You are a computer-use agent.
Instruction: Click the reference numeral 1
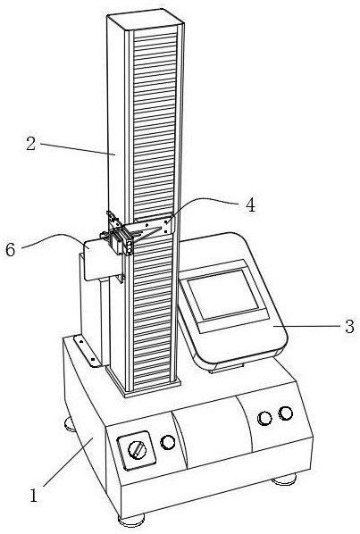(33, 496)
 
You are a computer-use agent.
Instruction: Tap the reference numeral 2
(30, 144)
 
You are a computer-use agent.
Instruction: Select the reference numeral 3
(350, 327)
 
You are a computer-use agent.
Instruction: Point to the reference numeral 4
(251, 205)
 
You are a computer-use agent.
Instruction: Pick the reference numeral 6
(10, 250)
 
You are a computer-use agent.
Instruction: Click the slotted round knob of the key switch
(137, 450)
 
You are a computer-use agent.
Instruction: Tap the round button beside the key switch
(168, 442)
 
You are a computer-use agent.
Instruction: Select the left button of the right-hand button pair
(264, 418)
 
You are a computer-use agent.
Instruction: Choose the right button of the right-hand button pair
(286, 413)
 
